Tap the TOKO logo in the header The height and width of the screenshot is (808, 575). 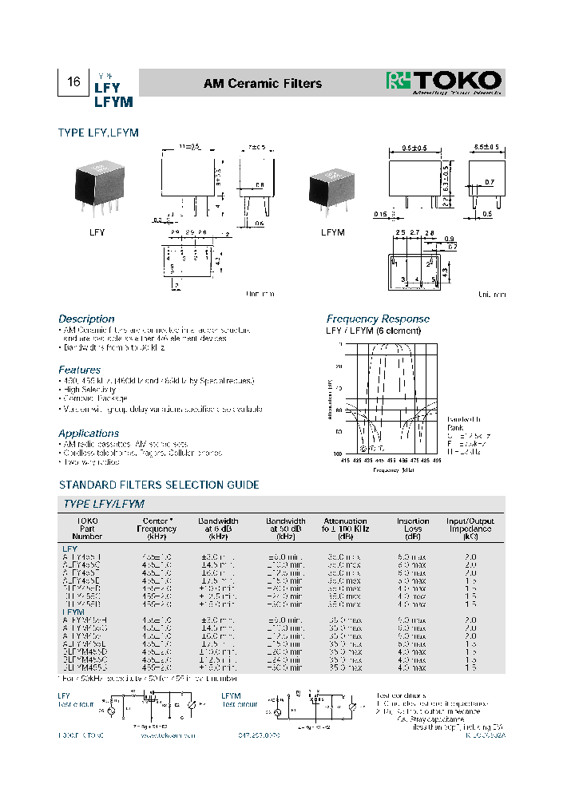444,82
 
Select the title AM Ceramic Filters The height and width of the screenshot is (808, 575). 263,83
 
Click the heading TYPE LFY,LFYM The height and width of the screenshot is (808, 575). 98,133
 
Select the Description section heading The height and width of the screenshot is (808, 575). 86,319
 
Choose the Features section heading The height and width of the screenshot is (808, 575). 80,370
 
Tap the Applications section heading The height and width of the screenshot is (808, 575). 89,433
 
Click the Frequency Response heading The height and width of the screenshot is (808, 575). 378,319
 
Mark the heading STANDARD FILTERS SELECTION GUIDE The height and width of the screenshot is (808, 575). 159,485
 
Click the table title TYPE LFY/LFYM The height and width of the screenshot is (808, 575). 104,504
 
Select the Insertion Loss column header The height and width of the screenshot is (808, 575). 413,528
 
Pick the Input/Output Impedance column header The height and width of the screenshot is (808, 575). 470,528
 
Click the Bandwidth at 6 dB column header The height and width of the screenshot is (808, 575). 218,528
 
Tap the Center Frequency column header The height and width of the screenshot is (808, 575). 156,528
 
